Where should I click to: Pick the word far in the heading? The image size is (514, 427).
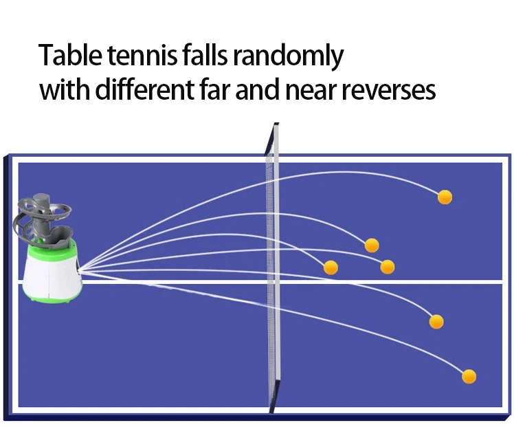pos(214,90)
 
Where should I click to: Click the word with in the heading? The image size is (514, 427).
pos(62,90)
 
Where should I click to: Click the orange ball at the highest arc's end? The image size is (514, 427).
pos(445,197)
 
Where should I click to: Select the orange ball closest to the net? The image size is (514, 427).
pos(331,267)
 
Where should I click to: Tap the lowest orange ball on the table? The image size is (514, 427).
pos(469,376)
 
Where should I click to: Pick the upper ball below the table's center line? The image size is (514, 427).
pos(436,321)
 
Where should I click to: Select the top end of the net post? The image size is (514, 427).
pos(276,126)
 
